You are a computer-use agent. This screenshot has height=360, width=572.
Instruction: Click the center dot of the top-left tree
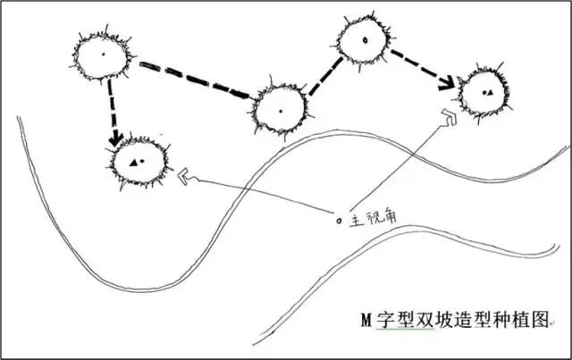point(104,54)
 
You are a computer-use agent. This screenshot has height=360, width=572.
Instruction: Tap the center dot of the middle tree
point(281,111)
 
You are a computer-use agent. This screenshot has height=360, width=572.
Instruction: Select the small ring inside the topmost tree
point(366,40)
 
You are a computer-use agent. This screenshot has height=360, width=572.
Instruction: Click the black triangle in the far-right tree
point(490,93)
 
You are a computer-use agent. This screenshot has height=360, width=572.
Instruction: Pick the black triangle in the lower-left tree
point(133,163)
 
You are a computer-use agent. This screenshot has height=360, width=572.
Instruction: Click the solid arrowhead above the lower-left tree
point(116,139)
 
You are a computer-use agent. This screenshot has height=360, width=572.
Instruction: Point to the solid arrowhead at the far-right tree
point(447,84)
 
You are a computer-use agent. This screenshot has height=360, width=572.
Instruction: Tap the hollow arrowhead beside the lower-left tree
point(184,176)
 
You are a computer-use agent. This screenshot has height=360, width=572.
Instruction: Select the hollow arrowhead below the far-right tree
point(449,116)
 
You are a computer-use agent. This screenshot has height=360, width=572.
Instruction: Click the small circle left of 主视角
point(339,221)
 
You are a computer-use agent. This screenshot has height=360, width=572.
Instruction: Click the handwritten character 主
point(357,221)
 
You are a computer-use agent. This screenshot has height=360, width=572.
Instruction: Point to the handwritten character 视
point(374,218)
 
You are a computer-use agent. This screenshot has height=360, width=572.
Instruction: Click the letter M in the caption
point(366,320)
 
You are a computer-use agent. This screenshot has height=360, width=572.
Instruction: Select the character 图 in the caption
point(540,319)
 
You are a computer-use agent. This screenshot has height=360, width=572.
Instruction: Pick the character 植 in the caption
point(521,319)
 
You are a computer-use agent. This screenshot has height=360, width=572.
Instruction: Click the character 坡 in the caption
point(443,319)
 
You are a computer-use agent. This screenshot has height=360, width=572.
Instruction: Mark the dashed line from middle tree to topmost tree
point(325,76)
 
